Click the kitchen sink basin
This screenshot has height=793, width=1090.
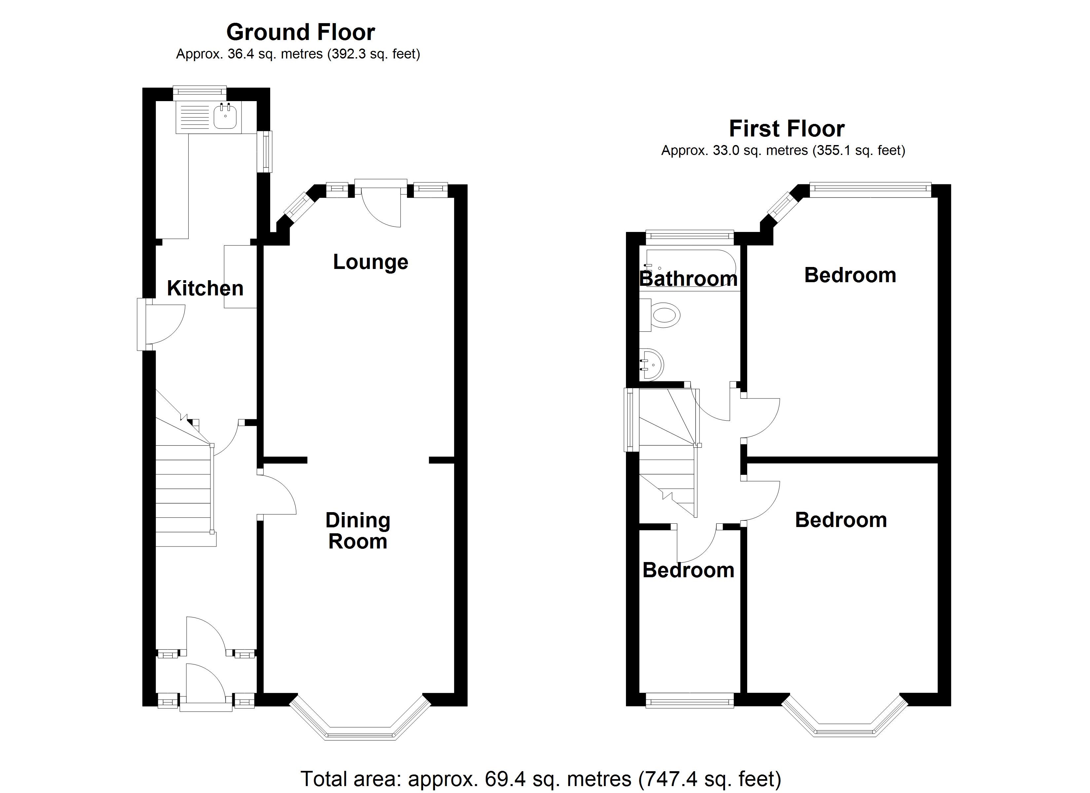225,117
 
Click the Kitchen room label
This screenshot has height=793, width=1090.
205,288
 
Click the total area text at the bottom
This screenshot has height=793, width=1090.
541,778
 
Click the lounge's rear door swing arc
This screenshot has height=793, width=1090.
382,209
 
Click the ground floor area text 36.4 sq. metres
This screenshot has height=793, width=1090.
298,54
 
